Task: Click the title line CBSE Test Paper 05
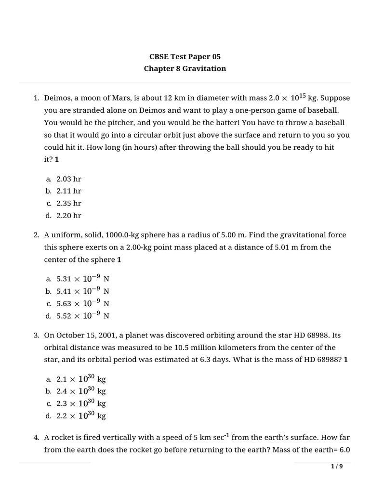tap(185, 56)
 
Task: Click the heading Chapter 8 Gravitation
tap(185, 68)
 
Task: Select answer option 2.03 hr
tap(69, 179)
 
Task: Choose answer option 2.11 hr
tap(69, 191)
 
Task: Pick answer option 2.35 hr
tap(69, 203)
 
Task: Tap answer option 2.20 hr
tap(69, 216)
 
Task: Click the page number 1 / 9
tap(337, 467)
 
